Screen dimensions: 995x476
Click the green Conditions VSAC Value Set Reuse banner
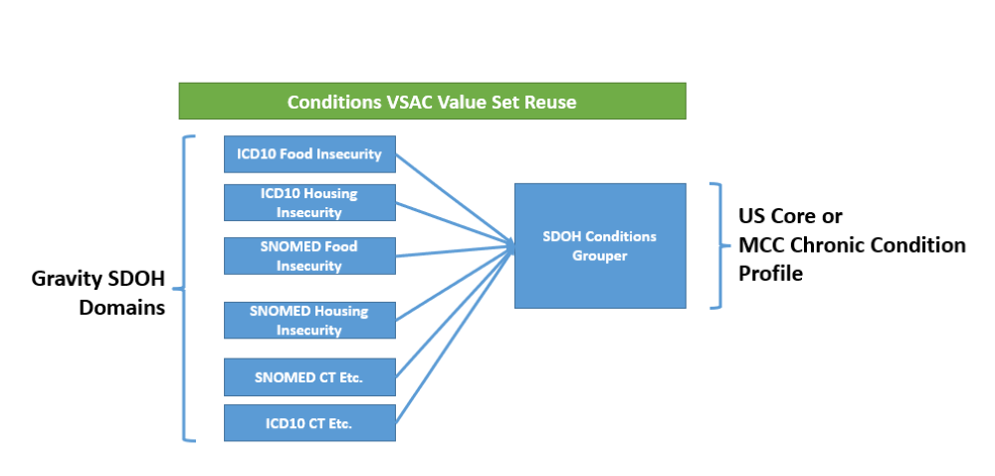coord(432,101)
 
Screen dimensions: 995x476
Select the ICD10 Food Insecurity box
coord(309,154)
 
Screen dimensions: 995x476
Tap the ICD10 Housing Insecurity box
coord(309,202)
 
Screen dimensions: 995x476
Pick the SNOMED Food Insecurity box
coord(309,256)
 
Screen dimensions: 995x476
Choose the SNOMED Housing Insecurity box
coord(309,321)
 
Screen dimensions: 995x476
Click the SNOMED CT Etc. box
coord(309,377)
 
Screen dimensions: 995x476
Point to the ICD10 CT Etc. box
coord(309,422)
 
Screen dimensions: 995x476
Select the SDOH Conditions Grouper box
coord(600,246)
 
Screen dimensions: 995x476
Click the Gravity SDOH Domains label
coord(99,293)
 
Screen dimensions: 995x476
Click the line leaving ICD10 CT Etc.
coord(455,335)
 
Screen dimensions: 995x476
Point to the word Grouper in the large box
coord(600,256)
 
